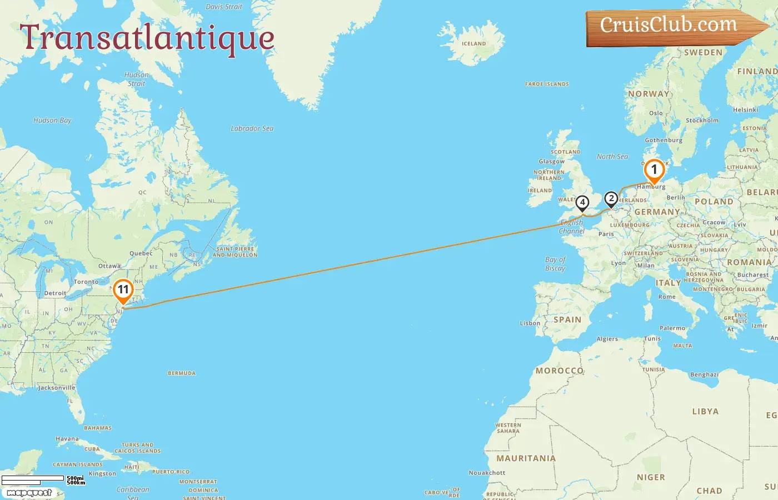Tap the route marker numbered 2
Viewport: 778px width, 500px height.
pyautogui.click(x=611, y=199)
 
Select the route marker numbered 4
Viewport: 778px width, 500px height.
pyautogui.click(x=582, y=203)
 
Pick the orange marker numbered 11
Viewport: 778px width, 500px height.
pyautogui.click(x=123, y=290)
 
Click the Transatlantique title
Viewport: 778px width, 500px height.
pyautogui.click(x=147, y=38)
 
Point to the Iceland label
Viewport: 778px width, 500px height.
pyautogui.click(x=473, y=43)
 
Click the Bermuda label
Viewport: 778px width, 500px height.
pyautogui.click(x=182, y=373)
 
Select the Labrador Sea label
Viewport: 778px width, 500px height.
pyautogui.click(x=252, y=128)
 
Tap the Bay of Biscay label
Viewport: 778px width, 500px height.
pyautogui.click(x=555, y=264)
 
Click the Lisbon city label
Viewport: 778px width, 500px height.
pyautogui.click(x=530, y=323)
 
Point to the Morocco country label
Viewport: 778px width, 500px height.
pyautogui.click(x=559, y=371)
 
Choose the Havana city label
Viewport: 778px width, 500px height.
pyautogui.click(x=67, y=439)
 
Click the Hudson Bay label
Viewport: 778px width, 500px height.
pyautogui.click(x=52, y=120)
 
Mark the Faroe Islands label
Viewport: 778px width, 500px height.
pyautogui.click(x=547, y=84)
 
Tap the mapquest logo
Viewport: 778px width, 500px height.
pyautogui.click(x=29, y=492)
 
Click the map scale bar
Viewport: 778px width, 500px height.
pyautogui.click(x=33, y=479)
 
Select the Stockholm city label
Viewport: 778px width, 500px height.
pyautogui.click(x=702, y=120)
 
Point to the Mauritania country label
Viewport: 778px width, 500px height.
pyautogui.click(x=526, y=458)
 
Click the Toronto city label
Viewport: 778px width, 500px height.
pyautogui.click(x=86, y=282)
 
